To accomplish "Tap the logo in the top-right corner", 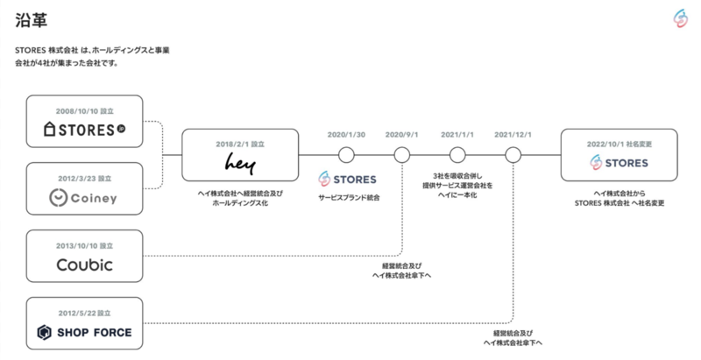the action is tap(677, 18).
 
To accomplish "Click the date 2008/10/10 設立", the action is tap(84, 110).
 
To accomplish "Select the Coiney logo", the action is tap(84, 198).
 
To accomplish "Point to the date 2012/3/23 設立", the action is tap(84, 178).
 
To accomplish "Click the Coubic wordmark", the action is tap(84, 265).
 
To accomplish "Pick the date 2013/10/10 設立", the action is tap(84, 244).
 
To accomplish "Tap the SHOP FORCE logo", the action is tap(84, 332).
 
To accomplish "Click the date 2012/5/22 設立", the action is tap(84, 312).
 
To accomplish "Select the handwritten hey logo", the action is tap(239, 163).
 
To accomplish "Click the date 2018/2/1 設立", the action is tap(239, 143).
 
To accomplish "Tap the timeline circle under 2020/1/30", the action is tap(346, 155).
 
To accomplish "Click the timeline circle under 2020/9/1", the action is tap(401, 155).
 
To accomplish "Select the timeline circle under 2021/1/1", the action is tap(457, 155).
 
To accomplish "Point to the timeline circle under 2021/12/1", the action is tap(513, 155).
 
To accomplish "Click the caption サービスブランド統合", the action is tap(349, 199).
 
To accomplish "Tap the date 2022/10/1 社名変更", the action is tap(620, 143).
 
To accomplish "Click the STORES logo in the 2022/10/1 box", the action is tap(620, 163).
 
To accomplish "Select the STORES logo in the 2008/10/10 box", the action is tap(84, 131).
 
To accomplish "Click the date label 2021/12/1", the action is tap(513, 135).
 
